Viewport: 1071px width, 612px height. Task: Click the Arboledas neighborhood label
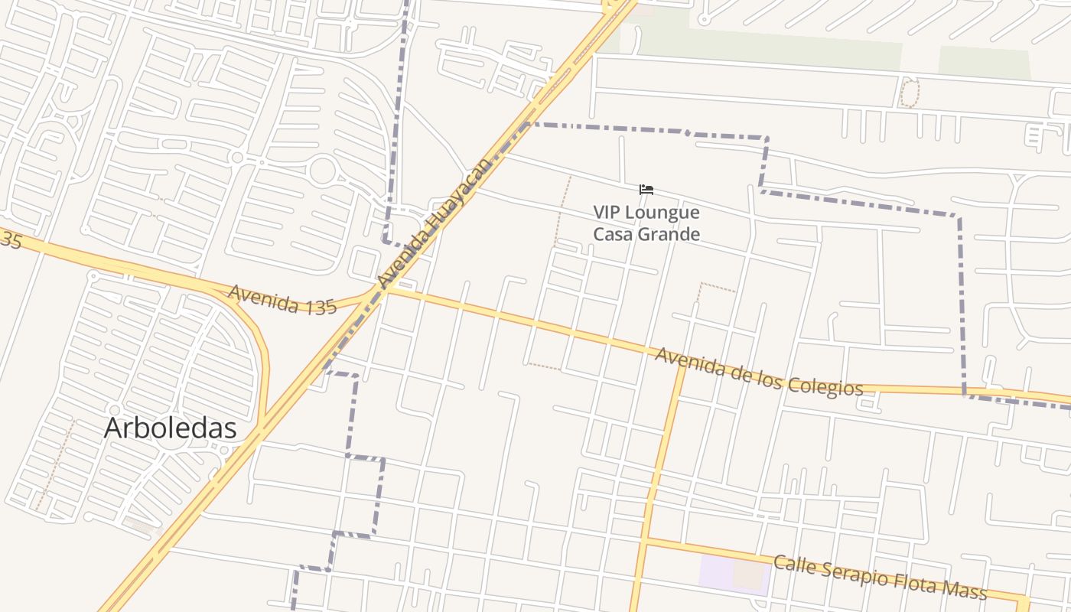170,428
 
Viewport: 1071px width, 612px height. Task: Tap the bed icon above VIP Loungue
646,190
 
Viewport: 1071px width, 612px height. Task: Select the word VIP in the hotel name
608,212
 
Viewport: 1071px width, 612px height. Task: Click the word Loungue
663,212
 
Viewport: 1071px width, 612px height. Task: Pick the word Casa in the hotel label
612,234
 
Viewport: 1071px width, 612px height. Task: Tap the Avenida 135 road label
282,299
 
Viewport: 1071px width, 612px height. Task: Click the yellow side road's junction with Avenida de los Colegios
681,362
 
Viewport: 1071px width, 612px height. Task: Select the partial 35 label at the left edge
9,240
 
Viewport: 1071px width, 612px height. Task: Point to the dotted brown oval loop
908,93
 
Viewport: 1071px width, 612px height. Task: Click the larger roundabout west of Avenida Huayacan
322,170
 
